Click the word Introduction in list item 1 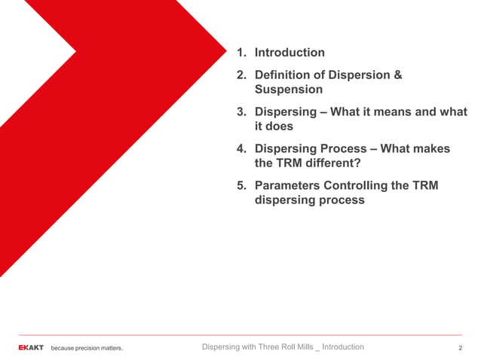(x=290, y=53)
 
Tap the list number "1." (x=241, y=53)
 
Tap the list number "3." (x=241, y=112)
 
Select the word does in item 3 (x=279, y=127)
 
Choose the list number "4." (x=241, y=149)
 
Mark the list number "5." (x=241, y=186)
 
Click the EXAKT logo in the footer (x=31, y=348)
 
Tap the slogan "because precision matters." (x=87, y=348)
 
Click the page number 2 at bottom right (x=460, y=348)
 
